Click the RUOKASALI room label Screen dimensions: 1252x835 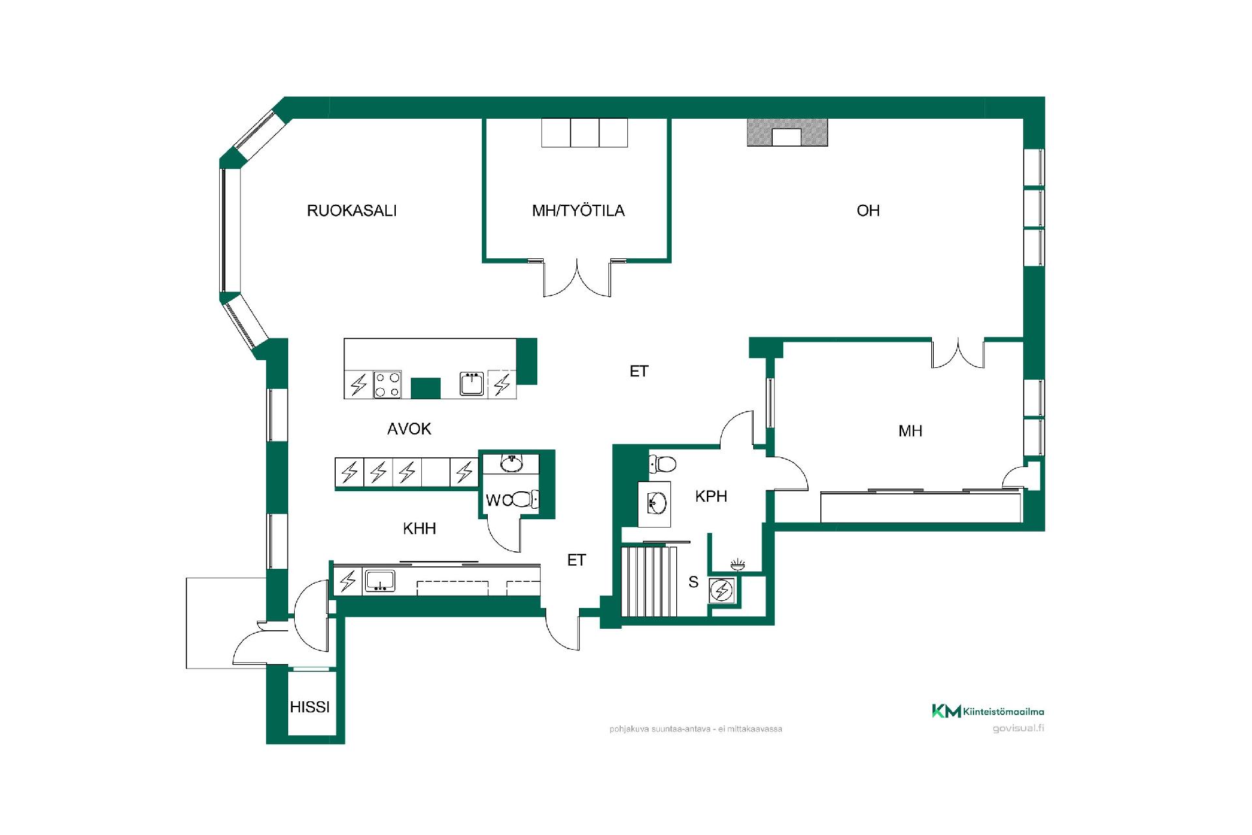351,211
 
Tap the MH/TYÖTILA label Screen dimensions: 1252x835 578,211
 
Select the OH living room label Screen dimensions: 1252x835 868,211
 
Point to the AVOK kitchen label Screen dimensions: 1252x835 409,429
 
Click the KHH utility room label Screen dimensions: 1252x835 419,528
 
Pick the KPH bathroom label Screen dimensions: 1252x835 711,496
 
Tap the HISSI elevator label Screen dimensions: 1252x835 310,706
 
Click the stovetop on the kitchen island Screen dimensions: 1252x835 387,384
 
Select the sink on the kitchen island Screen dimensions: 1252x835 471,384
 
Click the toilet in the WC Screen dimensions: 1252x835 524,500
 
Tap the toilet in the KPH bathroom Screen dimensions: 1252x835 663,464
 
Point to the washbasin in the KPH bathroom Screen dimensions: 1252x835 657,504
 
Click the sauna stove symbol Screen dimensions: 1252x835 723,591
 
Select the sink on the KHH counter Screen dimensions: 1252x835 380,581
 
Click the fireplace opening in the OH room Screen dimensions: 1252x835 786,137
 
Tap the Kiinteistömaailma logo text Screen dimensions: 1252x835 1004,712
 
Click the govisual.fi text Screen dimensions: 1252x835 1018,728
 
